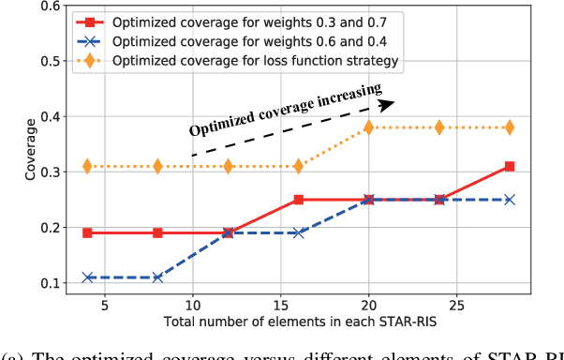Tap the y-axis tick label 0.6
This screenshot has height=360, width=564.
[45, 7]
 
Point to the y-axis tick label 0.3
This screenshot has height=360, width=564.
[45, 172]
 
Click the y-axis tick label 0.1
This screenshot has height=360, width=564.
[45, 283]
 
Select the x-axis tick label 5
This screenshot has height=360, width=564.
[105, 306]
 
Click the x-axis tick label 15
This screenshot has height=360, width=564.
[281, 306]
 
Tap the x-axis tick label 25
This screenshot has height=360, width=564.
[456, 306]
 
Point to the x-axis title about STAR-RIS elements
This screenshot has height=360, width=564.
[300, 322]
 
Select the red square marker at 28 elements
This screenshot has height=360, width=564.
[510, 167]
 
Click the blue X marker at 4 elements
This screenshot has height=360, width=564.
[87, 277]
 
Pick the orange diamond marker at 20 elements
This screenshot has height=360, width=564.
[369, 127]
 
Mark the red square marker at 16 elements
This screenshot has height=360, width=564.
[299, 200]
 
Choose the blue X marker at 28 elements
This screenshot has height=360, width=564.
[510, 200]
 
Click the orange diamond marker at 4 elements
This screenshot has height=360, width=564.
[87, 166]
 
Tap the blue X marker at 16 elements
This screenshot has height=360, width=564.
[299, 232]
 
